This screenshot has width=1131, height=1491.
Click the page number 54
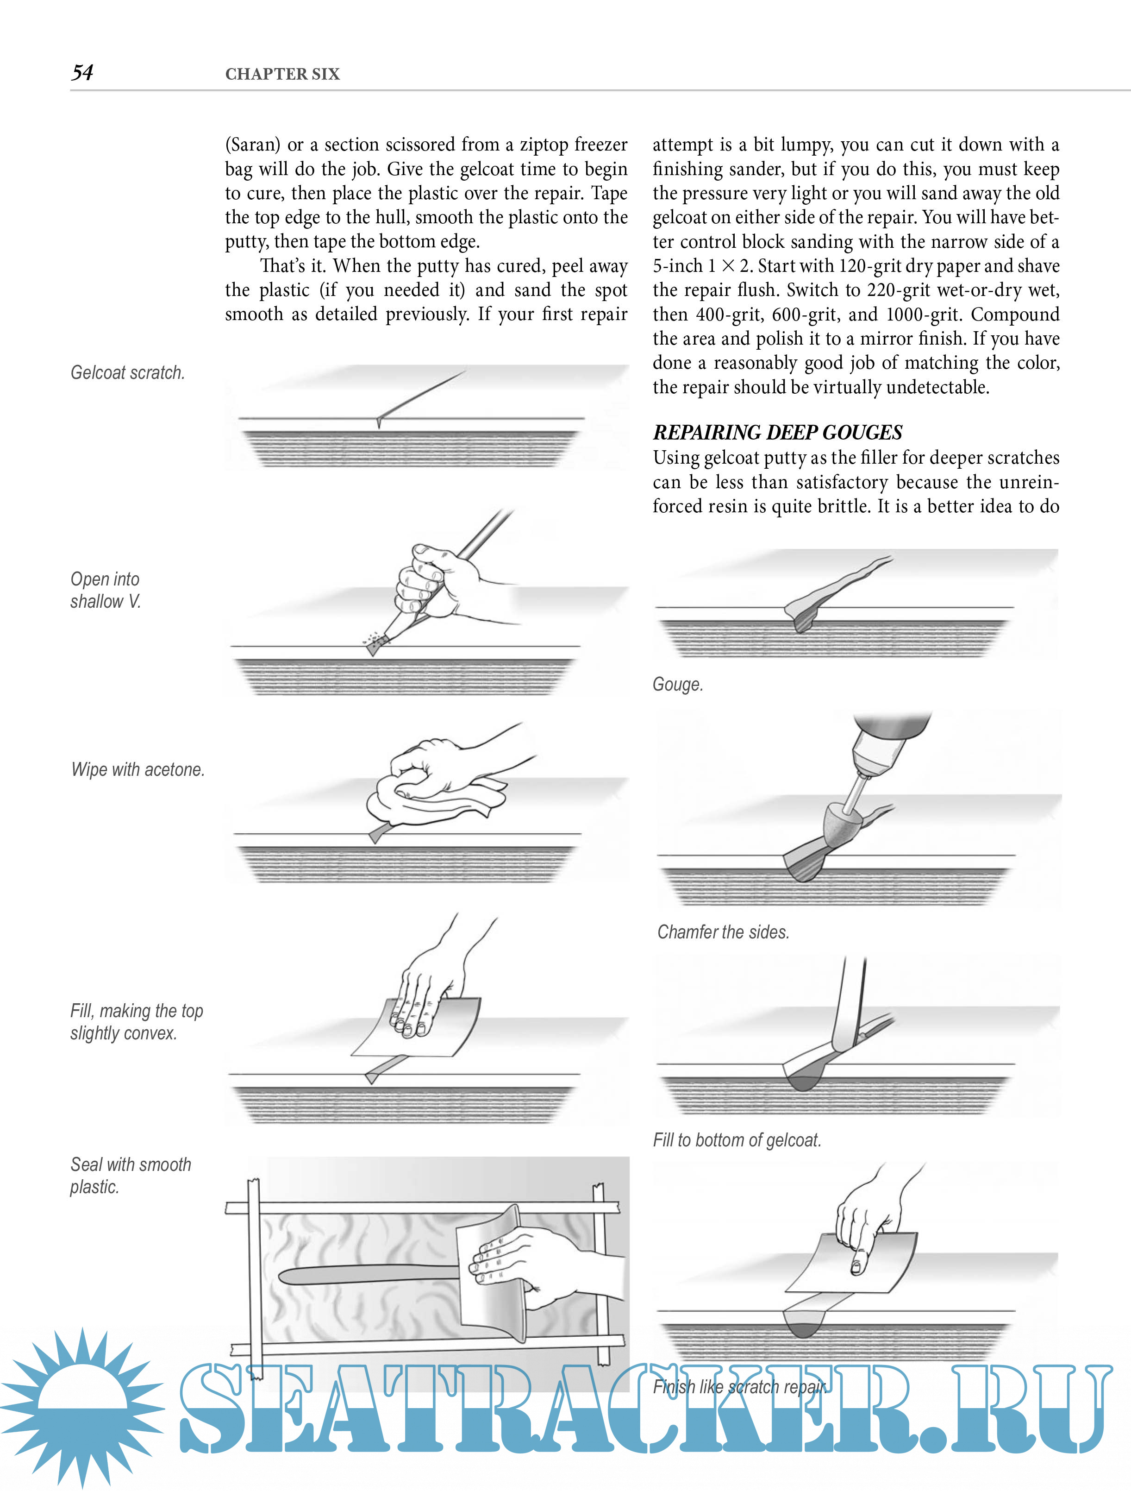[82, 73]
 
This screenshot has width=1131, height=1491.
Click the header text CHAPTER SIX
[282, 74]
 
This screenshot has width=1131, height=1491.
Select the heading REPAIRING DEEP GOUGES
[777, 432]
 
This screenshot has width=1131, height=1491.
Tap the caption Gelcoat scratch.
[127, 373]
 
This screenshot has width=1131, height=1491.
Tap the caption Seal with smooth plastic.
[130, 1176]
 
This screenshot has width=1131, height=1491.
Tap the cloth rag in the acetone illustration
[431, 799]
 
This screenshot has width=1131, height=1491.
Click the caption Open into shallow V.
[105, 590]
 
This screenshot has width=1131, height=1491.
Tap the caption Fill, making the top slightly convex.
[136, 1022]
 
